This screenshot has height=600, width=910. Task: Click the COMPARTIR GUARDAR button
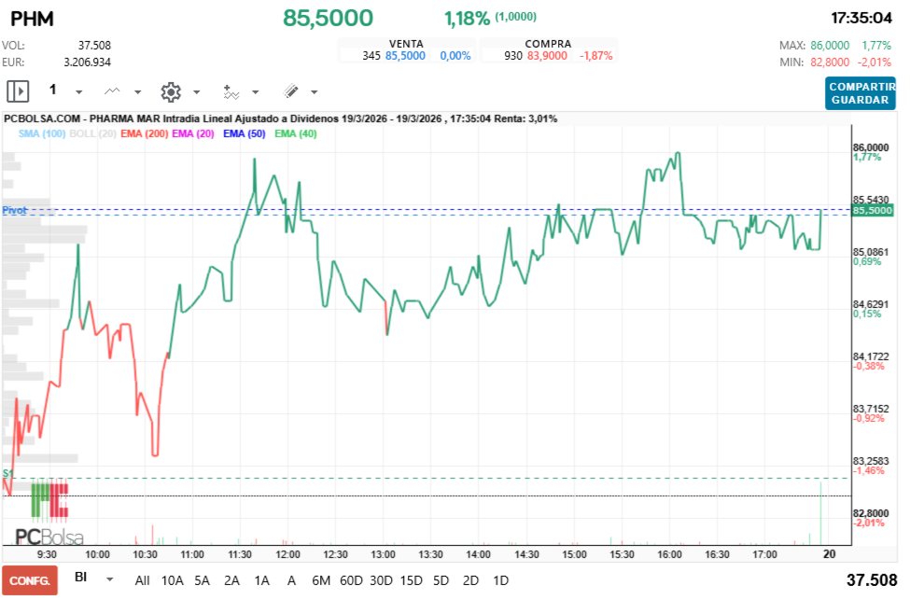pos(860,92)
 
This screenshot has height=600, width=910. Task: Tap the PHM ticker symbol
pos(32,18)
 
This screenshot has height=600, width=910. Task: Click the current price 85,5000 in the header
pos(328,18)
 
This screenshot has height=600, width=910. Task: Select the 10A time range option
pos(173,580)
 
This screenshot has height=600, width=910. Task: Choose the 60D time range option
pos(351,580)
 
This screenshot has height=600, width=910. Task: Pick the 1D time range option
pos(500,580)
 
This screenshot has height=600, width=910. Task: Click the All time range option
pos(142,580)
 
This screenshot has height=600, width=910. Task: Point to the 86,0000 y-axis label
pos(871,147)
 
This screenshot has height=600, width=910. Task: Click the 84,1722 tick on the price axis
pos(871,356)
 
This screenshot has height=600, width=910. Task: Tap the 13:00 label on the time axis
pos(384,553)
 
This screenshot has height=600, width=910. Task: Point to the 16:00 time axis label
pos(668,553)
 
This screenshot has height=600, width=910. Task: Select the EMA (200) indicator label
pos(144,134)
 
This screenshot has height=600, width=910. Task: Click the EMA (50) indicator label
pos(245,134)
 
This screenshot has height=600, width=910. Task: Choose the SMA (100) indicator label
pos(41,134)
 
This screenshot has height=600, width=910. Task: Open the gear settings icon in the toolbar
pos(170,91)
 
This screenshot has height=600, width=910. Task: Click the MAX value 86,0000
pos(830,46)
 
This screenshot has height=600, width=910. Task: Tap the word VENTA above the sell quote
pos(406,44)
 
